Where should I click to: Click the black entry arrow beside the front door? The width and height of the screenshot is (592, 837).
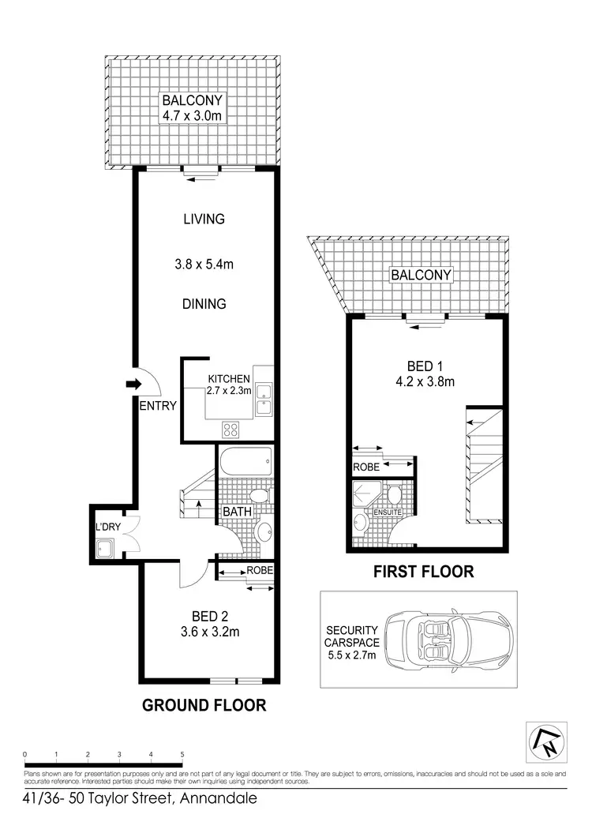132,385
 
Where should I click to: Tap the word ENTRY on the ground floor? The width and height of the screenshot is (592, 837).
157,406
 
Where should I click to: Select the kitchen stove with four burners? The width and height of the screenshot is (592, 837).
230,430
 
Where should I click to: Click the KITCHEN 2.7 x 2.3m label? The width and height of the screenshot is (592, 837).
229,385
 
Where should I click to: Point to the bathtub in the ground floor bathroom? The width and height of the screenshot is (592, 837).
245,460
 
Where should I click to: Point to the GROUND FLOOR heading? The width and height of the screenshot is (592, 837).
204,705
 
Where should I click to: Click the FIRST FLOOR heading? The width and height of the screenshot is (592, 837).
423,572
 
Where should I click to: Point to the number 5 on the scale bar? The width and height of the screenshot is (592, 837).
182,754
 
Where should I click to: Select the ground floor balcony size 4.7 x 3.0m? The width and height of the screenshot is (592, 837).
193,116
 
